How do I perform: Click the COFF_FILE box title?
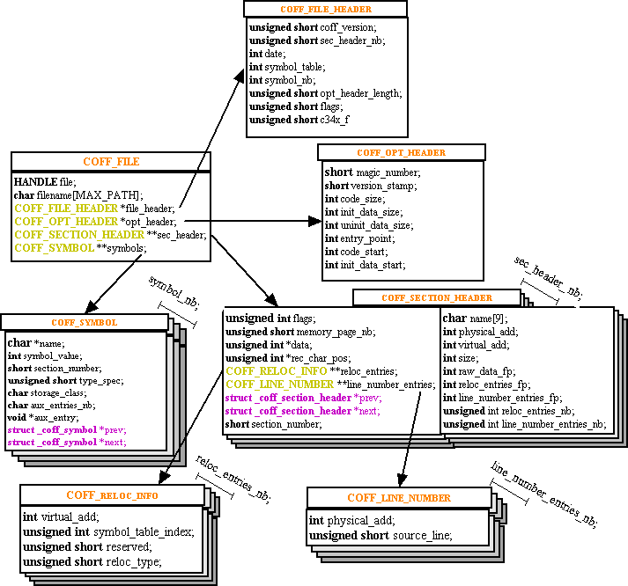click(111, 162)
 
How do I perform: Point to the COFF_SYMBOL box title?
click(84, 322)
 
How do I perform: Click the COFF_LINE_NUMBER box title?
click(398, 498)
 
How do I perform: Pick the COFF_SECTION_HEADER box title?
click(436, 297)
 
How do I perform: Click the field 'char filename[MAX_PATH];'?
click(78, 194)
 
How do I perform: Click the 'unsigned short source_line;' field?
click(380, 535)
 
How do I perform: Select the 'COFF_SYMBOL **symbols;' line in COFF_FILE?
click(79, 248)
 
